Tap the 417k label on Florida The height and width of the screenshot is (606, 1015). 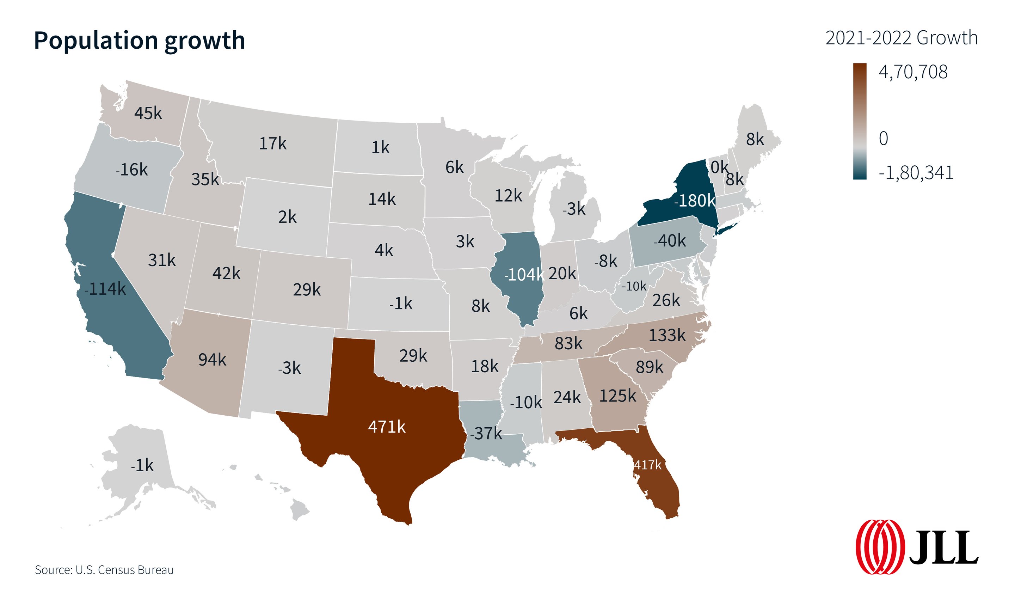(647, 465)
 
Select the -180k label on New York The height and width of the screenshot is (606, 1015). (694, 201)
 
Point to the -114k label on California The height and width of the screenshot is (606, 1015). (105, 289)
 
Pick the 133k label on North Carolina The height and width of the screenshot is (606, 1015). (667, 335)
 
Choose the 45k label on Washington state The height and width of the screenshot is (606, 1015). (148, 114)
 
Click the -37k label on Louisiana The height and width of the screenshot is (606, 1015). (486, 433)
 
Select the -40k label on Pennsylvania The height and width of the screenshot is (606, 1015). (669, 241)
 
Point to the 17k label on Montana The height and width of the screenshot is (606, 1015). (273, 144)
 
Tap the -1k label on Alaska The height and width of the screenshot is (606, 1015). (142, 466)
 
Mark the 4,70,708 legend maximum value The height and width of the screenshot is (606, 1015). (913, 72)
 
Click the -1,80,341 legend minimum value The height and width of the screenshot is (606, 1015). (916, 173)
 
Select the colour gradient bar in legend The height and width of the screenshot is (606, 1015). (860, 121)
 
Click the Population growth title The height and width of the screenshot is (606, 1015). (139, 41)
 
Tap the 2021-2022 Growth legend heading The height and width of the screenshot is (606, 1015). (902, 38)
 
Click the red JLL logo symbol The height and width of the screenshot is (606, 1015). (880, 547)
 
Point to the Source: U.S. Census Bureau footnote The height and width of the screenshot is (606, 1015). (104, 570)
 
